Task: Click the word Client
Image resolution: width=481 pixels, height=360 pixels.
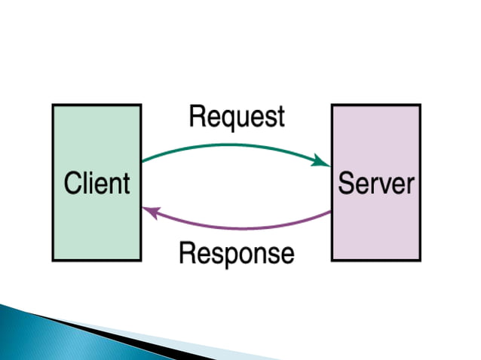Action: [97, 183]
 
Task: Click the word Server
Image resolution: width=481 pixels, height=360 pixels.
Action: [376, 183]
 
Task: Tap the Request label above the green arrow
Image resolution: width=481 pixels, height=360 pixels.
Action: [237, 117]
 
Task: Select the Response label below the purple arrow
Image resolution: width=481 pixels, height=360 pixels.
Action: [236, 253]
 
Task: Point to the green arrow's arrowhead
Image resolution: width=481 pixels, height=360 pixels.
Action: [324, 161]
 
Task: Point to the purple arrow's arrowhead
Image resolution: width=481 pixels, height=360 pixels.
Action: [149, 212]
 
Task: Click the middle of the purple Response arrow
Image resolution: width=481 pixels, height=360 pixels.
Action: [237, 228]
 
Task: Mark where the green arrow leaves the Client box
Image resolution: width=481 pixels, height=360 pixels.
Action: [142, 161]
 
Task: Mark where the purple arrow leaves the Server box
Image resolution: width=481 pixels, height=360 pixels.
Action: [331, 212]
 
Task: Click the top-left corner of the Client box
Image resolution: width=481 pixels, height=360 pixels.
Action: [53, 105]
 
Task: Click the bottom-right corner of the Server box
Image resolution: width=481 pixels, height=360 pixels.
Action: [420, 260]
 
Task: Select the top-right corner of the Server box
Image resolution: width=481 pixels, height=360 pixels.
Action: [420, 105]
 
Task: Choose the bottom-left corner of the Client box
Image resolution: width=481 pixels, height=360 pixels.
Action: [53, 260]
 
